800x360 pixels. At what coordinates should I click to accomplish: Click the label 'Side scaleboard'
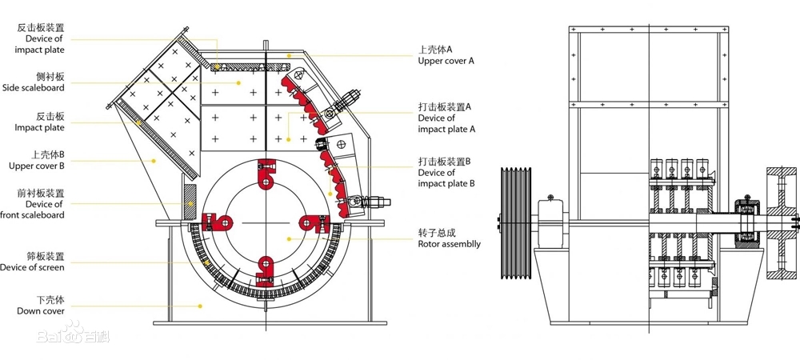[33, 88]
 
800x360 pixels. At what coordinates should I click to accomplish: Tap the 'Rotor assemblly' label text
[450, 244]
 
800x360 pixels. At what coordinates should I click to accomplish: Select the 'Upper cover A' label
[446, 61]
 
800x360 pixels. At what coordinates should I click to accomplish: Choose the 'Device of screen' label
[33, 267]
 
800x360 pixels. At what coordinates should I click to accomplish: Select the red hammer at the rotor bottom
[264, 269]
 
